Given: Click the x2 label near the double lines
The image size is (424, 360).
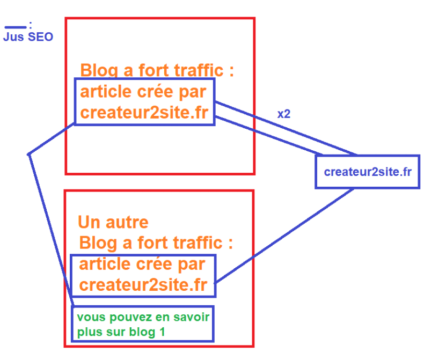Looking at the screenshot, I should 284,114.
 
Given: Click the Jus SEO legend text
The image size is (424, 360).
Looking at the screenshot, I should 28,38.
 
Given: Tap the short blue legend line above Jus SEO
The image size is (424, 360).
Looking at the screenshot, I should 14,27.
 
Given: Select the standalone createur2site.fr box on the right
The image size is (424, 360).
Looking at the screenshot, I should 368,172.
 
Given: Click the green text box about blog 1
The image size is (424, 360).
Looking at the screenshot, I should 143,324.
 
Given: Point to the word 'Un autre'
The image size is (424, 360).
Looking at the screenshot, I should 113,222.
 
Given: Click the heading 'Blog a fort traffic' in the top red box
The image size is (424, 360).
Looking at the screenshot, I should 157,70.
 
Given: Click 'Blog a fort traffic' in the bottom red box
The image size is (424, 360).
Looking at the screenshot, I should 156,243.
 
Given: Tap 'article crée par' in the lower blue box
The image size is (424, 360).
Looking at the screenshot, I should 142,265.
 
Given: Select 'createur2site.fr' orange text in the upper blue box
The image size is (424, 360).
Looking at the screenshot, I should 144,113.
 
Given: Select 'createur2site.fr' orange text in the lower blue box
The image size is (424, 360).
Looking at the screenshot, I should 143,285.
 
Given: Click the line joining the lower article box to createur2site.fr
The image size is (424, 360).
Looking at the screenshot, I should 284,237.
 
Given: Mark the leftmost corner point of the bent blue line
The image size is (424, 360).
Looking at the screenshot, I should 28,155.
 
